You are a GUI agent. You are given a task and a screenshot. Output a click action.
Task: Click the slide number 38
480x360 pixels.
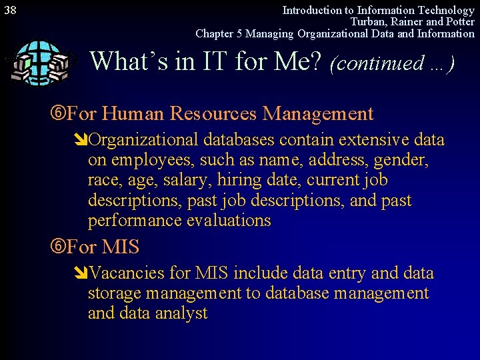[x=10, y=10]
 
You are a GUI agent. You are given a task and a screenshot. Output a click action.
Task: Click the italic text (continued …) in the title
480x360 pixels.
[x=393, y=63]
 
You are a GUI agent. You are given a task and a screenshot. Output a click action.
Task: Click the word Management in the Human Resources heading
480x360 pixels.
[x=318, y=114]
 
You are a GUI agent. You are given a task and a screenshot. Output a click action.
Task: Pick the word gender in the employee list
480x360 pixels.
[x=402, y=161]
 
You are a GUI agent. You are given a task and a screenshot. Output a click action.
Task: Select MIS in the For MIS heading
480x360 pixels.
[x=120, y=247]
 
